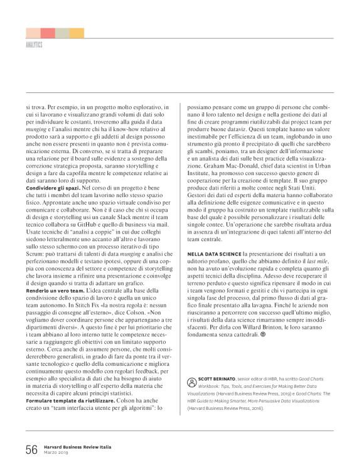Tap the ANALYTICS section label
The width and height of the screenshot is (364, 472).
34,46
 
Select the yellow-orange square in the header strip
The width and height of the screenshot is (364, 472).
77,33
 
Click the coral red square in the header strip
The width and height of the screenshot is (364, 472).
48,33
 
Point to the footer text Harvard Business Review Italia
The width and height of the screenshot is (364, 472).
78,446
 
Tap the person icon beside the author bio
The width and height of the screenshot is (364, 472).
191,382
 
